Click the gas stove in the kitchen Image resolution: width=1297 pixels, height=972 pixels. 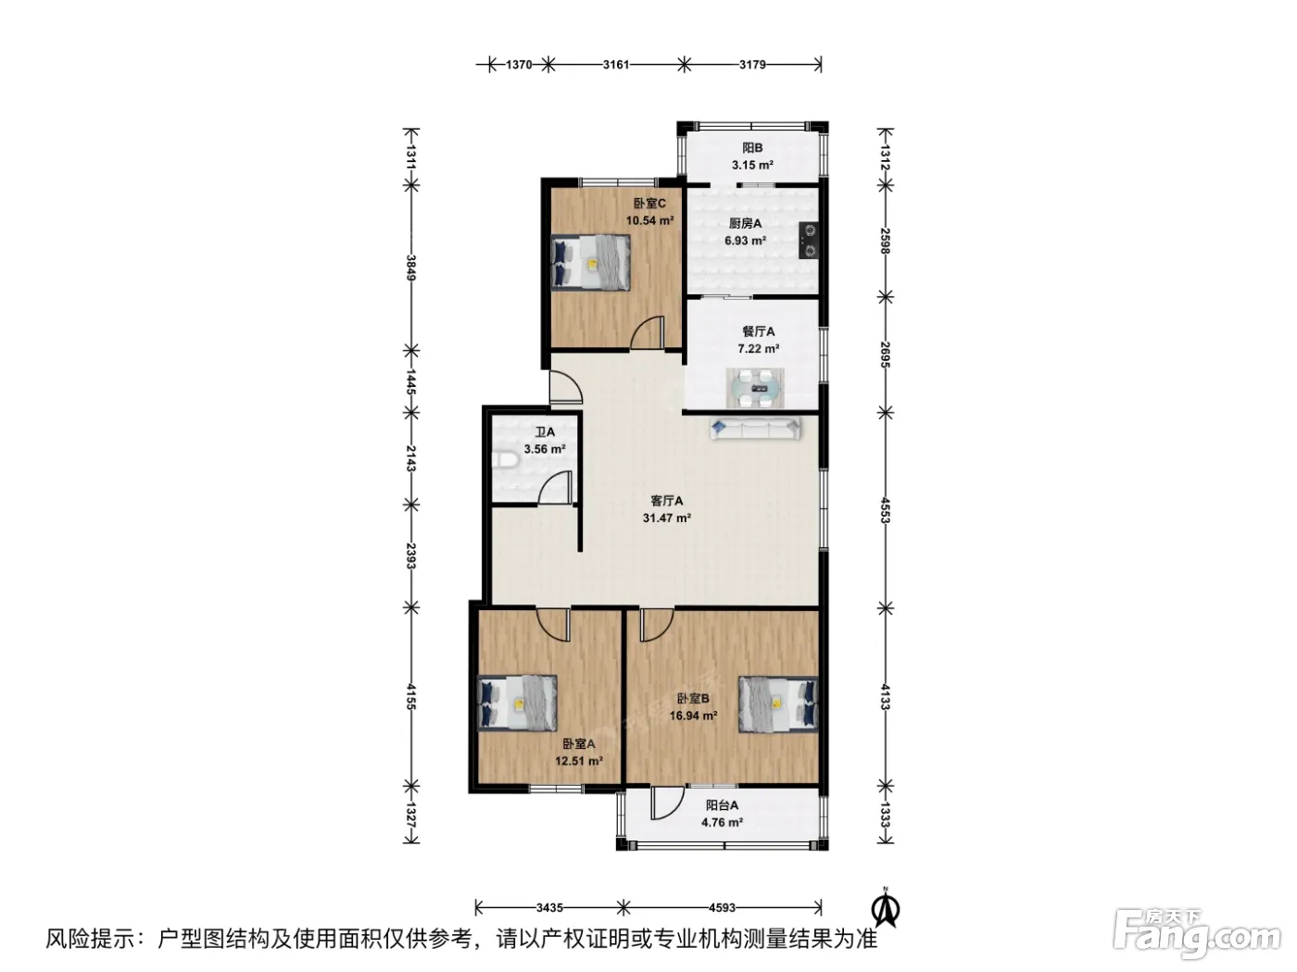tap(808, 240)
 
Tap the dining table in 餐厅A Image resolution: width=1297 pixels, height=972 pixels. tap(754, 388)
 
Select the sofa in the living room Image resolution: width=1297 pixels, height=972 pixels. tap(755, 429)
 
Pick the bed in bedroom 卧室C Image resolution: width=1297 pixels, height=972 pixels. tap(590, 263)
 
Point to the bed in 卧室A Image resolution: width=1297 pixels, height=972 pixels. tap(518, 703)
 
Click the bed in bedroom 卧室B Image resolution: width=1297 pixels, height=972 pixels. tap(778, 704)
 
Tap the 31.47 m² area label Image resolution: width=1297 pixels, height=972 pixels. tap(666, 518)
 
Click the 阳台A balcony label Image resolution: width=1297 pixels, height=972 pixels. tap(722, 805)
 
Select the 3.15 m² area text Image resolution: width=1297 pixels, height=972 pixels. tap(752, 166)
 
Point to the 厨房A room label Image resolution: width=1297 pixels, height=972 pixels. tap(745, 224)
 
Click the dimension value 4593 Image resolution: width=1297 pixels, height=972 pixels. tap(722, 908)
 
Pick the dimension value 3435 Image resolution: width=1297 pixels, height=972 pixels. tap(549, 908)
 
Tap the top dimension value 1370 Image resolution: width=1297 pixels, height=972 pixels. tap(519, 64)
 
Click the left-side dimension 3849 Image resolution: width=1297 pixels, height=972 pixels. tap(411, 268)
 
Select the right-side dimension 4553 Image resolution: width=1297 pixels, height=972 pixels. tap(885, 510)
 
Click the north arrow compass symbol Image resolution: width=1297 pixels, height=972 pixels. tap(886, 909)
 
